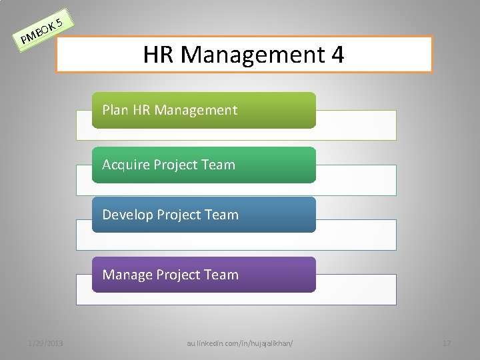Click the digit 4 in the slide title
coord(335,54)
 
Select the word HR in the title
coord(159,54)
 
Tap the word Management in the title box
coord(250,54)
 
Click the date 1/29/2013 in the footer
coord(46,343)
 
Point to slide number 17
coord(447,343)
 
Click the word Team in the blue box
coord(221,215)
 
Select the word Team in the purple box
coord(221,275)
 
